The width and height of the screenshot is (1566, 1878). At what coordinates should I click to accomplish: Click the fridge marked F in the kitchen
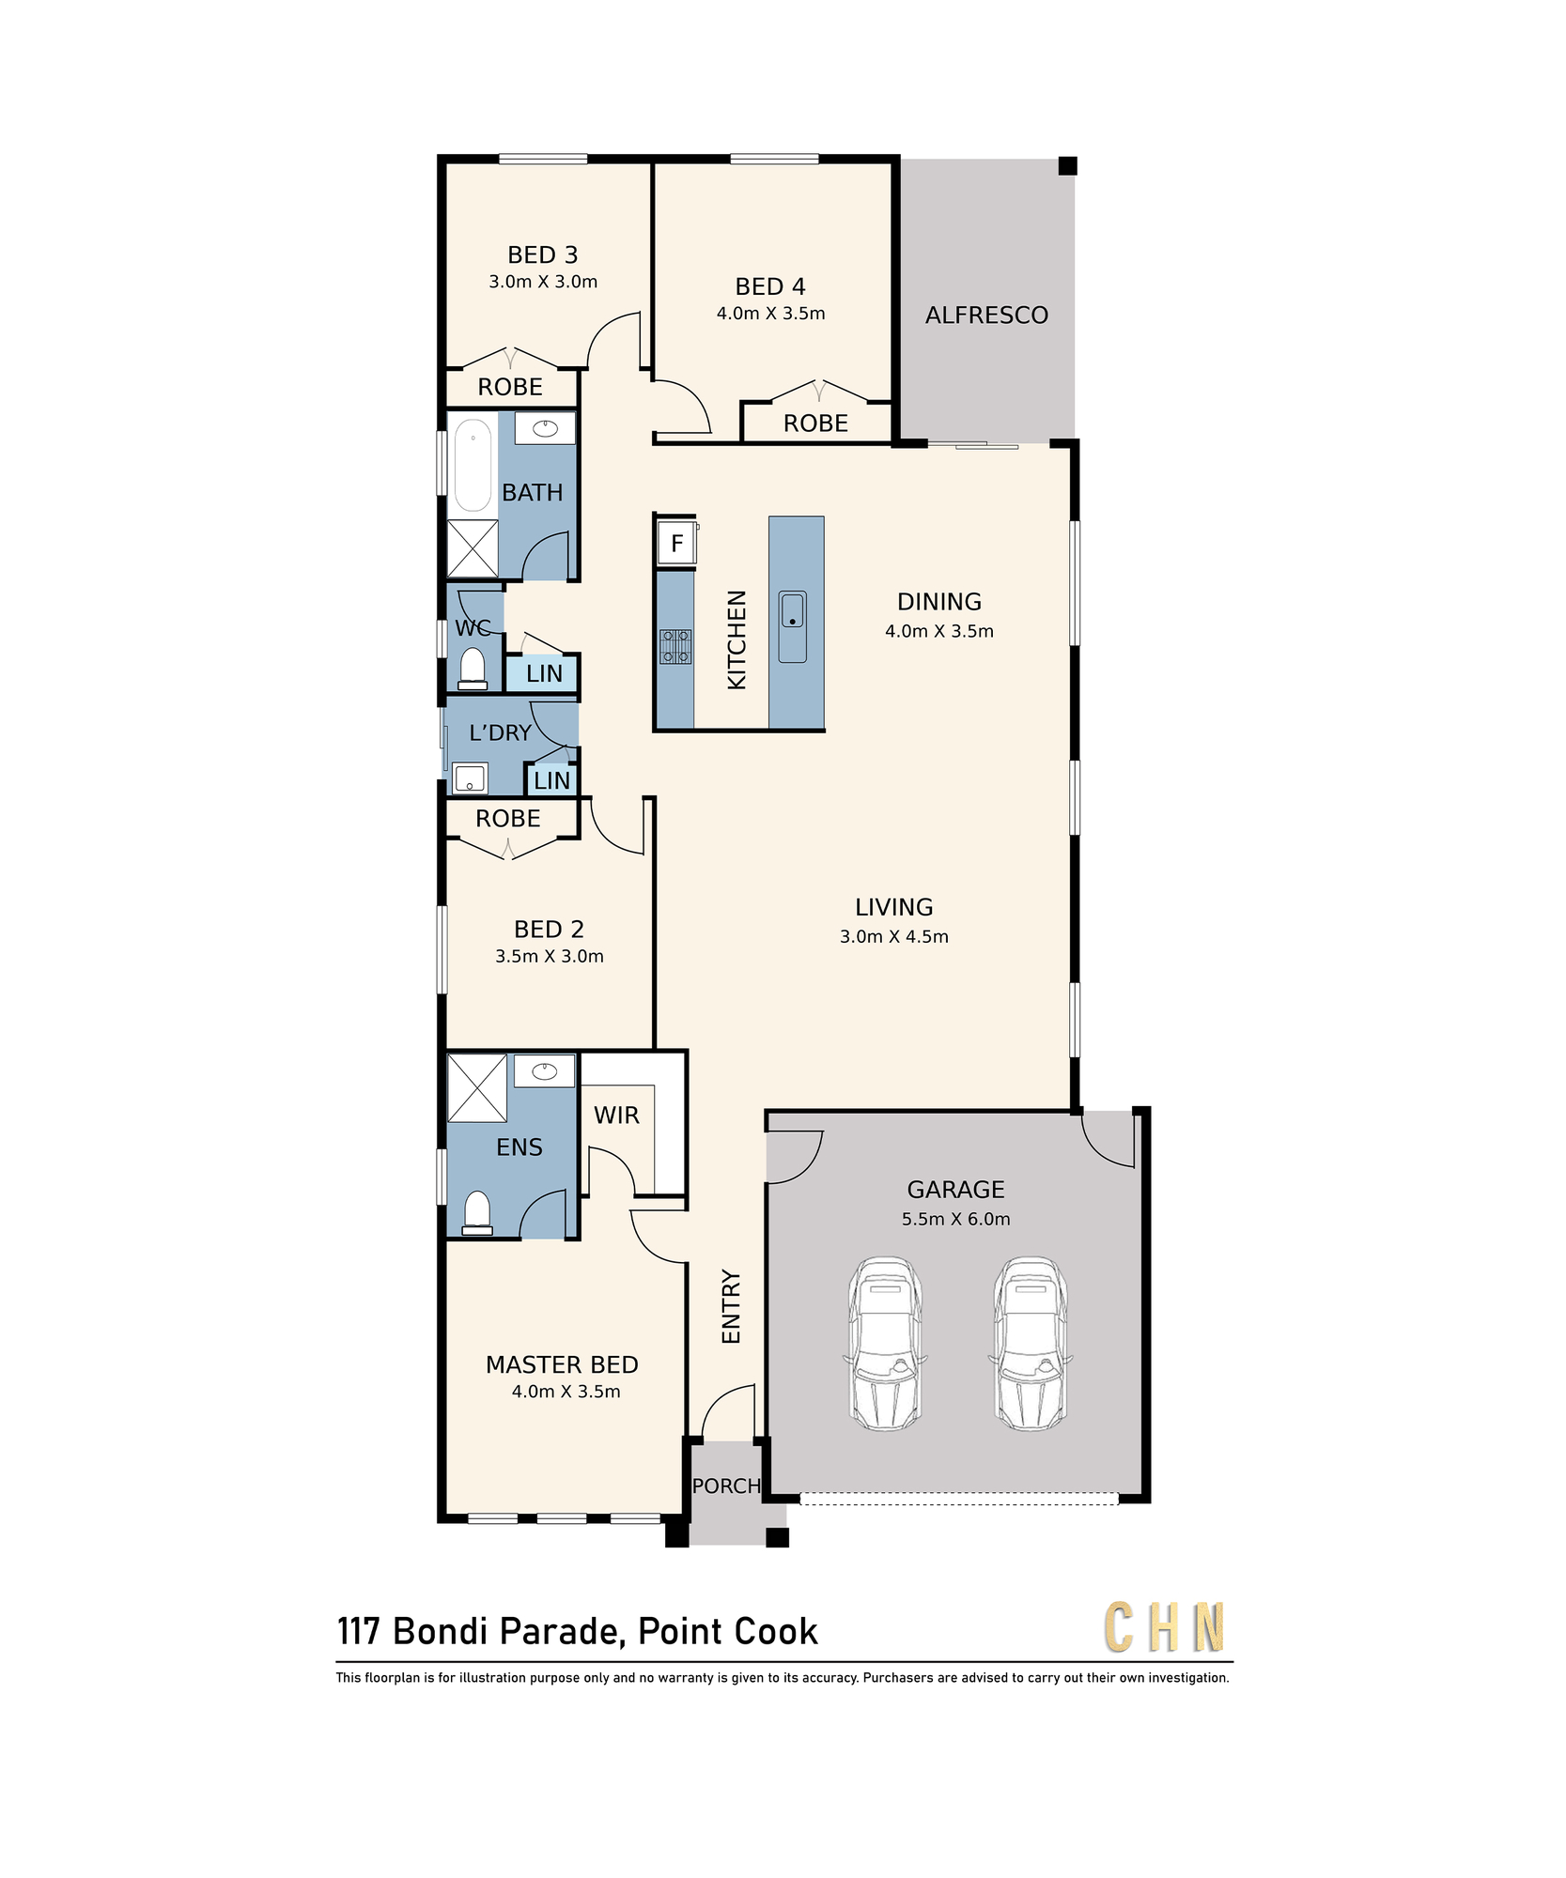point(676,543)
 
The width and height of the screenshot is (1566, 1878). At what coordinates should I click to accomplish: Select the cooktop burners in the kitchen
point(674,646)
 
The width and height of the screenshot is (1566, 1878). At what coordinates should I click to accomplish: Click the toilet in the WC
point(473,669)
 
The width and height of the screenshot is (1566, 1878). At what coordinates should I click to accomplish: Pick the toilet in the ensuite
point(477,1212)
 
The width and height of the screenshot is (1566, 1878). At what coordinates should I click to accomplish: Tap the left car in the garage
point(885,1344)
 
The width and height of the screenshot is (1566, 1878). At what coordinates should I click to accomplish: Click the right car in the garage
point(1031,1344)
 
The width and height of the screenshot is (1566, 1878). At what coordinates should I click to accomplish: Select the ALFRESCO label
point(986,316)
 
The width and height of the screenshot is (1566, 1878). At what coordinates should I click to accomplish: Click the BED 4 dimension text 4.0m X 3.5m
point(770,314)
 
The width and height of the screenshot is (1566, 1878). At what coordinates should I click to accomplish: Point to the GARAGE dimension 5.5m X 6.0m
point(955,1219)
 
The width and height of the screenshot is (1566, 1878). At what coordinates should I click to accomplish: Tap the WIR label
point(616,1116)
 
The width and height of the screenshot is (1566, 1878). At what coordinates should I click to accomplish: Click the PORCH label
point(726,1486)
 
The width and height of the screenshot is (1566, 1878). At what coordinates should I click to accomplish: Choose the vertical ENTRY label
point(731,1307)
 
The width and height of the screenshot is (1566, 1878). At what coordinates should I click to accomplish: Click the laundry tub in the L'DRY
point(470,778)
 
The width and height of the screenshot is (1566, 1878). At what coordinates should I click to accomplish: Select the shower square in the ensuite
point(477,1088)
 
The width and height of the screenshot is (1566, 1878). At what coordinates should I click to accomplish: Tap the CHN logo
point(1165,1627)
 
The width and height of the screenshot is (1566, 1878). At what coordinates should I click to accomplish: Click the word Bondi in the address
point(441,1632)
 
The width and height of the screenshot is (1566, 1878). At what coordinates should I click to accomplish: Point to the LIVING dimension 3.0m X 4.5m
point(893,936)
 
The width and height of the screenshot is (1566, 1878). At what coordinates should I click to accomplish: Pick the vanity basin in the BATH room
point(545,428)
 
